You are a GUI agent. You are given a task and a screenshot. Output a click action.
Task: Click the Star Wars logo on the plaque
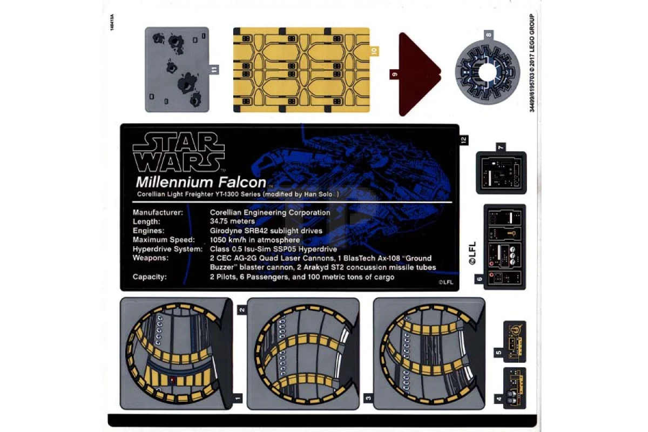coord(179,152)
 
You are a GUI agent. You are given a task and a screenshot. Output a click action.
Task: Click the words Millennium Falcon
coord(201,183)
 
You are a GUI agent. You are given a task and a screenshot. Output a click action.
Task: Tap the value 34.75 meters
coord(232,221)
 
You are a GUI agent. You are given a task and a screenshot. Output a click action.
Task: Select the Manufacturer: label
coord(158,212)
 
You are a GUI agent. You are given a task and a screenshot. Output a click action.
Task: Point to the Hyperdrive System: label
coord(168,249)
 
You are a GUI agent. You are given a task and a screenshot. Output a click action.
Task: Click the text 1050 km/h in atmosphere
coord(255,240)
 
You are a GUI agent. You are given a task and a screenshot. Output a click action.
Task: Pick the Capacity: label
coord(150,277)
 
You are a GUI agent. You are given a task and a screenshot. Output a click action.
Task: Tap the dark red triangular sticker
coord(419,75)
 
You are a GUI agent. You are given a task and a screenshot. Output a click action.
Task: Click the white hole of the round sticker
coord(488,72)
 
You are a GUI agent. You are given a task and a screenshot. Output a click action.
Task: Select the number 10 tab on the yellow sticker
coord(374,51)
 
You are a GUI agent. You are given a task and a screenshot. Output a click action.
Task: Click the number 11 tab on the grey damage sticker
coord(214,70)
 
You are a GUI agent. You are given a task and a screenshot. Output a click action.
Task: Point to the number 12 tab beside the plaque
coord(464,140)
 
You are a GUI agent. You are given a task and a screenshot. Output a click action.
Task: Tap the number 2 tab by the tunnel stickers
coord(242,310)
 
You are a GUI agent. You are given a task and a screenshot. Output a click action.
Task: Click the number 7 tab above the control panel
coord(501,147)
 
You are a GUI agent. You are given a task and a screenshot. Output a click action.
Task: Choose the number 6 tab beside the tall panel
coord(480,279)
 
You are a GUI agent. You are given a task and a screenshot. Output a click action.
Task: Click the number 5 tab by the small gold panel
coord(499,353)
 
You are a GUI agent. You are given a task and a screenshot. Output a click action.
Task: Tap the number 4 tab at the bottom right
coord(499,399)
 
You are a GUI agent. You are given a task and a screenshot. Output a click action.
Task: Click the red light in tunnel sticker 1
coord(172,379)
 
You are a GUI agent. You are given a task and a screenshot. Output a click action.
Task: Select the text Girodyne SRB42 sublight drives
coord(266,231)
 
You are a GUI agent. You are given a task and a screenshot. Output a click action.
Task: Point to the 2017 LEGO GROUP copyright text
coord(532,63)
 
